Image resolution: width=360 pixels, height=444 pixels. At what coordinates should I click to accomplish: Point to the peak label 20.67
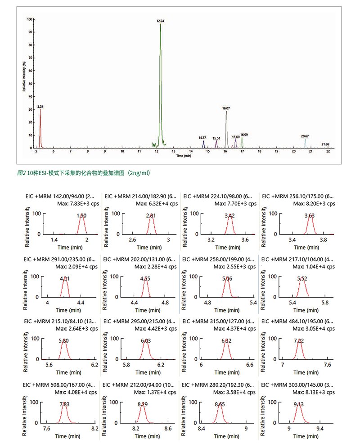305,136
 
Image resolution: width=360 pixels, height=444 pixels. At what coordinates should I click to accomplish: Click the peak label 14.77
202,137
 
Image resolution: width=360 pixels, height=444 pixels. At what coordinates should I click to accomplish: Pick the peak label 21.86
325,144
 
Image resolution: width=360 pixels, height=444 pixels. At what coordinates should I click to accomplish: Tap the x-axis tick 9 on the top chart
105,152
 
